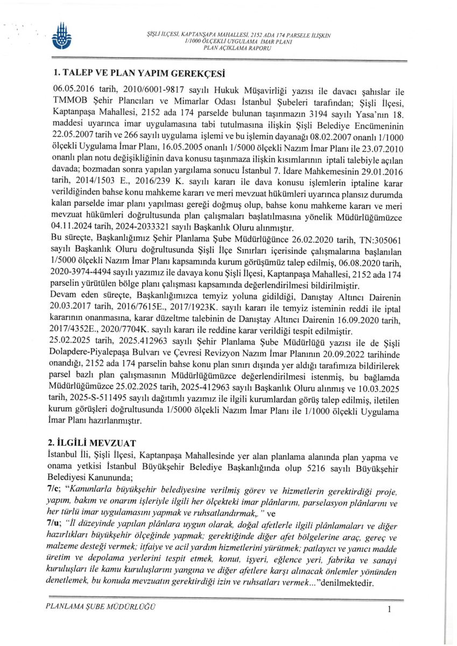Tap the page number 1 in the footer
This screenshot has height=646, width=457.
[x=388, y=609]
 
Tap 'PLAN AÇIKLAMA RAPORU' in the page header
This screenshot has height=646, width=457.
[x=237, y=48]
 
